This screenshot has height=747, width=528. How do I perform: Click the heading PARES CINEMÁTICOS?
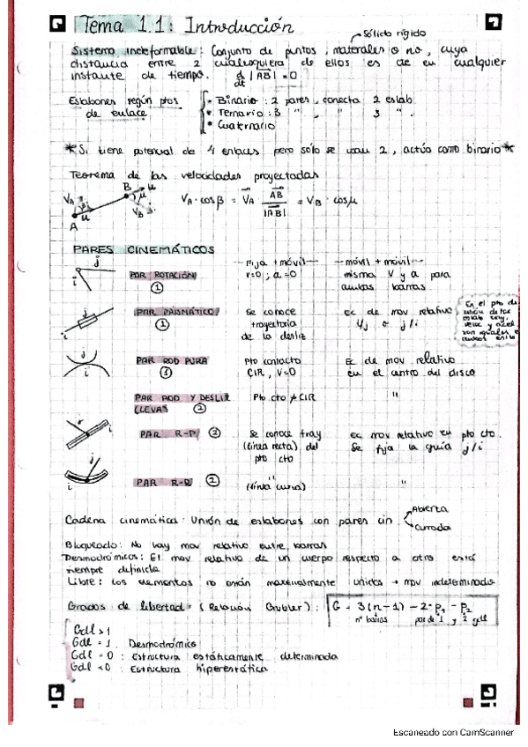(144, 250)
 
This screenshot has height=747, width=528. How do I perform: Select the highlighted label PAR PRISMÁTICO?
(176, 312)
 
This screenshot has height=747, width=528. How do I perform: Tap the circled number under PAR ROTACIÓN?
(156, 287)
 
